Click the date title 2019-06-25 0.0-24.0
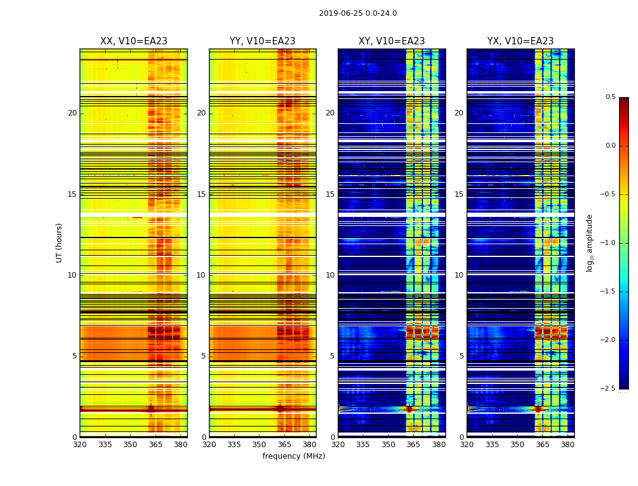(357, 13)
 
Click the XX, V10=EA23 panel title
(134, 41)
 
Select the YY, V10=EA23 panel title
(262, 41)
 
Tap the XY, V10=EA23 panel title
(391, 41)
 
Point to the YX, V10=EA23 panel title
(520, 41)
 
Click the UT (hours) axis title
(59, 242)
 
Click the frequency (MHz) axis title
(293, 456)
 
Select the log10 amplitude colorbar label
(589, 242)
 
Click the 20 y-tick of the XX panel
(72, 113)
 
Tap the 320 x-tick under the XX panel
(80, 445)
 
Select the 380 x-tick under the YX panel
(568, 445)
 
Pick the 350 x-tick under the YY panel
(259, 445)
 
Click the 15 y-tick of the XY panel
(330, 194)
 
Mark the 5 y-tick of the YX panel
(461, 356)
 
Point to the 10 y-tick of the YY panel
(201, 275)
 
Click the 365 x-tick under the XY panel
(413, 445)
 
